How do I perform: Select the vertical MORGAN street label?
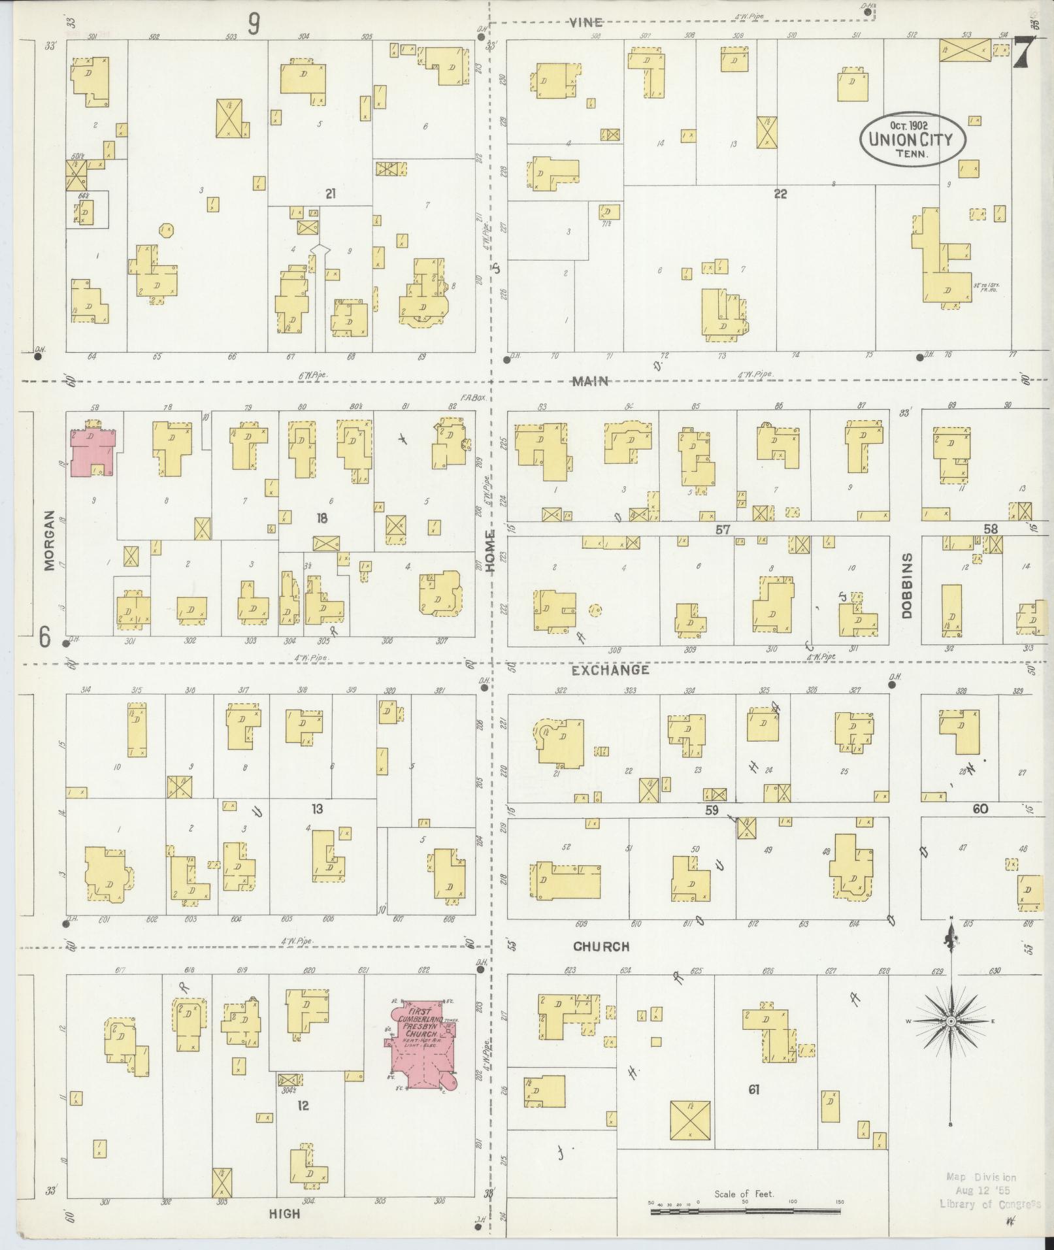point(50,550)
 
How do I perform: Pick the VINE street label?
point(585,22)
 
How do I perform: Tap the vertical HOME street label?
point(491,551)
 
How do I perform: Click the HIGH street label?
point(285,1213)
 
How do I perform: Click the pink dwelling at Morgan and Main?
point(93,452)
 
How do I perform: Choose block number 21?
point(330,193)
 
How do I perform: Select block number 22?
point(780,193)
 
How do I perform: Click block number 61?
point(753,1089)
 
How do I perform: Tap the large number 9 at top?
point(254,25)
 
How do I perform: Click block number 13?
point(318,810)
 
